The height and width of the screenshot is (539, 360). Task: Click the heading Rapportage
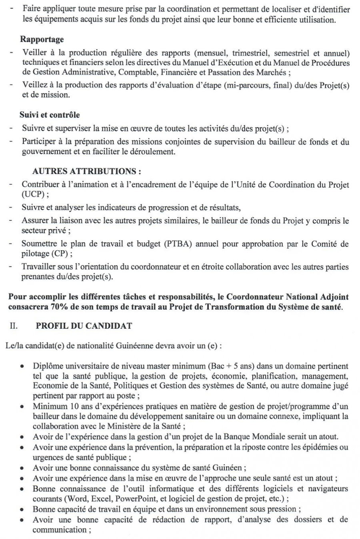(x=42, y=40)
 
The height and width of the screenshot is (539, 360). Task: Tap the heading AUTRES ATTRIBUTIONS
(x=86, y=172)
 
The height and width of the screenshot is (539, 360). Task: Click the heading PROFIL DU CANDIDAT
(x=84, y=326)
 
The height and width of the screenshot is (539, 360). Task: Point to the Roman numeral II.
(x=13, y=326)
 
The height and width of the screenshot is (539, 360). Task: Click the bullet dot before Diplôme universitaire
(x=24, y=366)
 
